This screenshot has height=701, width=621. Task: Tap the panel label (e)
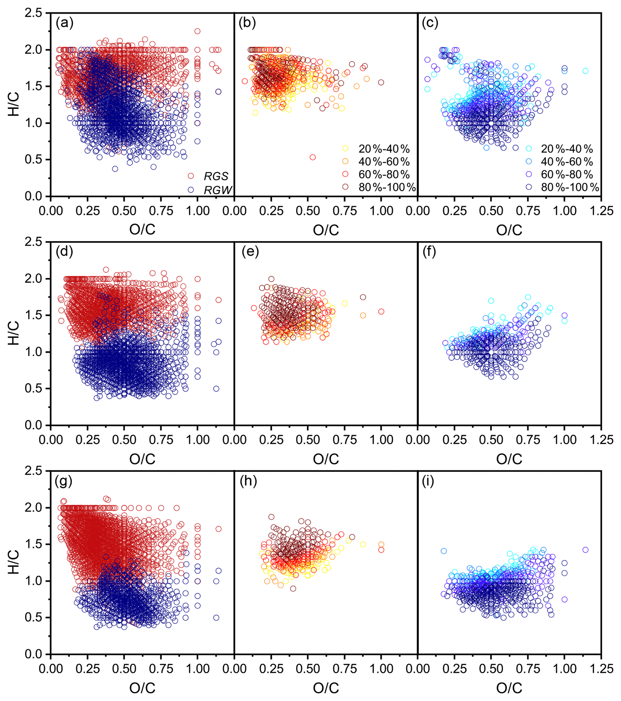pyautogui.click(x=250, y=252)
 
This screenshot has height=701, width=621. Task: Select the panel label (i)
pyautogui.click(x=427, y=481)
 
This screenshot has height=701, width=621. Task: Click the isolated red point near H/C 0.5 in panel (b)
pyautogui.click(x=313, y=158)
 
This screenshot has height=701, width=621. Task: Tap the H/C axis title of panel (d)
pyautogui.click(x=15, y=333)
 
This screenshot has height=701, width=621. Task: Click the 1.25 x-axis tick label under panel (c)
pyautogui.click(x=601, y=210)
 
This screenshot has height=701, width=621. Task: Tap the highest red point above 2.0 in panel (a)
pyautogui.click(x=197, y=31)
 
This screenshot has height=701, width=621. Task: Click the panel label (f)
pyautogui.click(x=429, y=252)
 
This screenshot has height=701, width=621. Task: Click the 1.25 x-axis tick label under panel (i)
pyautogui.click(x=601, y=668)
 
